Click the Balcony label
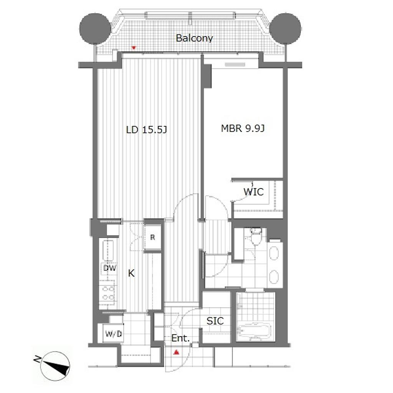click(194, 38)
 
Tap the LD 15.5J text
click(146, 130)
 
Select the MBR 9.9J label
click(243, 128)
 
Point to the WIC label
click(253, 192)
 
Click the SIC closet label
click(215, 321)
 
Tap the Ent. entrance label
click(180, 339)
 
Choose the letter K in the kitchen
click(131, 273)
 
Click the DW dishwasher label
click(110, 268)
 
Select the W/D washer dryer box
click(113, 334)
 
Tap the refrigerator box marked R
click(152, 237)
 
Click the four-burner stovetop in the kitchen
click(108, 293)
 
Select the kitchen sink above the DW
click(108, 250)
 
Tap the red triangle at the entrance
click(176, 352)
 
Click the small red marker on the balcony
click(134, 48)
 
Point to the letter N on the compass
click(37, 360)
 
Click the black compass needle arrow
click(56, 366)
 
